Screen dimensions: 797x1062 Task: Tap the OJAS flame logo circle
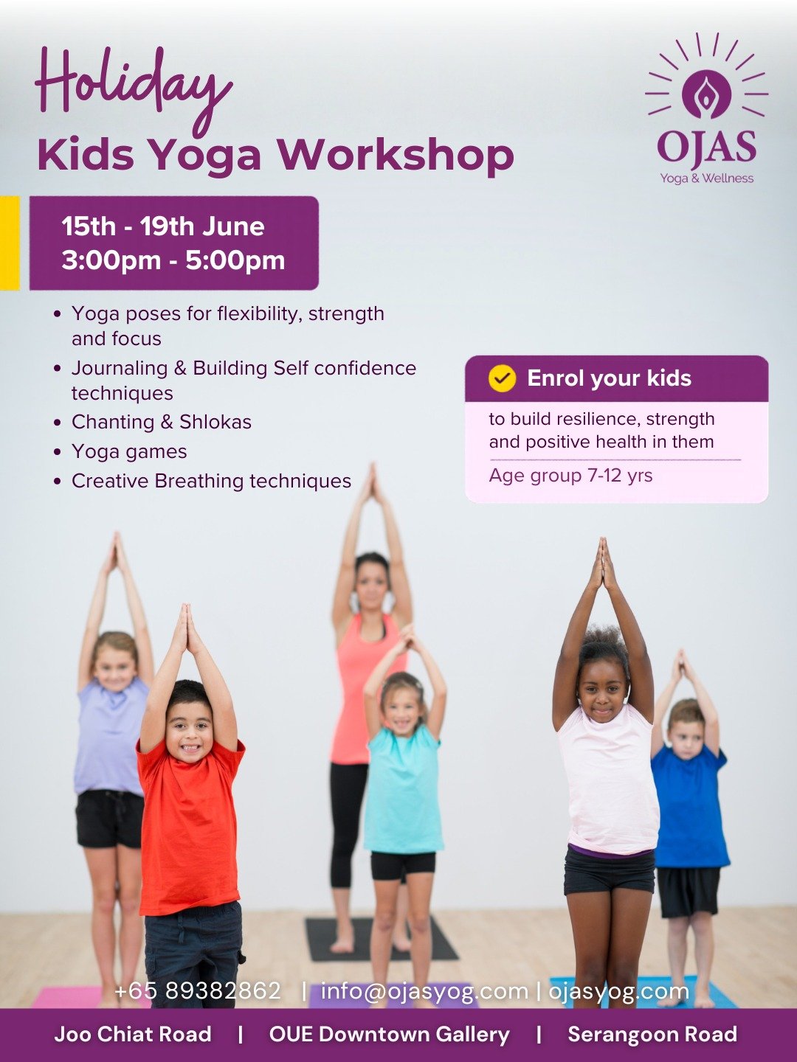click(706, 94)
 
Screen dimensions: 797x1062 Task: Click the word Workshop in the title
click(395, 155)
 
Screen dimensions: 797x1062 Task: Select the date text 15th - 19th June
click(163, 226)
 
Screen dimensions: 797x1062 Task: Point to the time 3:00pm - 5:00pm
click(173, 260)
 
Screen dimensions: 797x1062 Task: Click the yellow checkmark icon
click(503, 378)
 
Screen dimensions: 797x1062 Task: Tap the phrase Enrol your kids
click(610, 378)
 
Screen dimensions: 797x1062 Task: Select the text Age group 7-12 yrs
click(570, 476)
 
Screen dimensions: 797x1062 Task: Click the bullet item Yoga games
click(129, 451)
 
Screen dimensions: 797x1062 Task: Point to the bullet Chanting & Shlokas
click(162, 422)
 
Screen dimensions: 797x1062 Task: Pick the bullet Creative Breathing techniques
click(212, 481)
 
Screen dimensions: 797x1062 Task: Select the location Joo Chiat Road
click(133, 1035)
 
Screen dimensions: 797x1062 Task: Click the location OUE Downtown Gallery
click(389, 1035)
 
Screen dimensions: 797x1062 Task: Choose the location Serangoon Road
click(652, 1035)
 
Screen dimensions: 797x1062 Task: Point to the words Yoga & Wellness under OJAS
click(707, 178)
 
